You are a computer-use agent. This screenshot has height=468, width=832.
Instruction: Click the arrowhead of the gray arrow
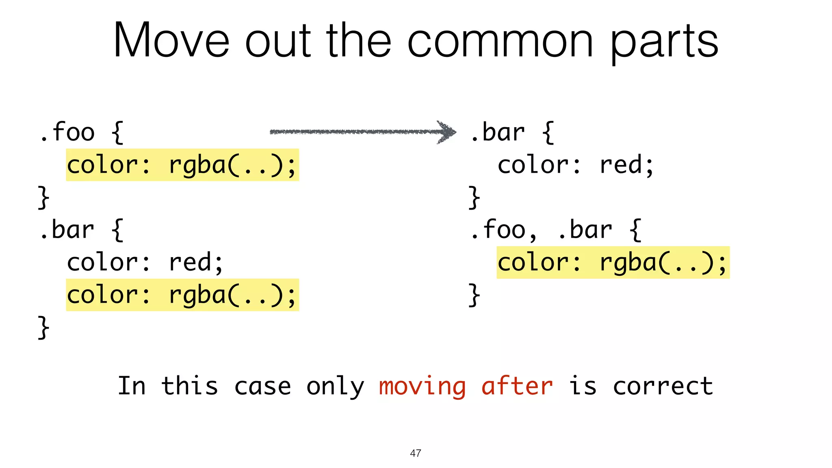447,132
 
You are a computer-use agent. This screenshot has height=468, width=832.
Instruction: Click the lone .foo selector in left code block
67,132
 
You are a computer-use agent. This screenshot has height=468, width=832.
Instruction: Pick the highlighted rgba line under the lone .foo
182,165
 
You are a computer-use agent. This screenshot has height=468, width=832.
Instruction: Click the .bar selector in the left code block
67,230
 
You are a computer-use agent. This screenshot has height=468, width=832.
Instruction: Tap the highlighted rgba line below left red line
182,295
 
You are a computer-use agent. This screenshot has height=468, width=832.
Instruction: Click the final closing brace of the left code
43,327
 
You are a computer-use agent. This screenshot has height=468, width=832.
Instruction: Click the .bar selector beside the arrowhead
498,132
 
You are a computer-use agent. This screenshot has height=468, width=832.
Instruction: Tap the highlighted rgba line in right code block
613,262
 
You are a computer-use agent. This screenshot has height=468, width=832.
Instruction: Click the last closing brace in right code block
474,295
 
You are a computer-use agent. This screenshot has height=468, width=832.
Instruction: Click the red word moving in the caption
422,386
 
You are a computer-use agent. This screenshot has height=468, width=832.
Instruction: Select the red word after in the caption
517,386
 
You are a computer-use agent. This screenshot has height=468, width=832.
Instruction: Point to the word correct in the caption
663,386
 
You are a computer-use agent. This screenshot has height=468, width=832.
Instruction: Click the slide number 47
416,453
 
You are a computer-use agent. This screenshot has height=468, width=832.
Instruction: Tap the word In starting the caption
132,386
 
